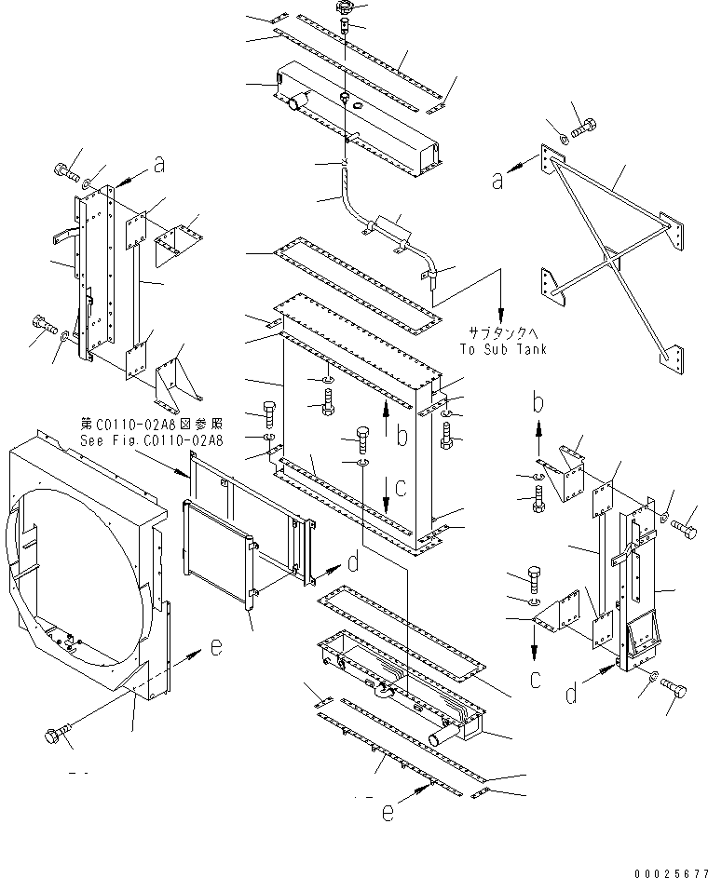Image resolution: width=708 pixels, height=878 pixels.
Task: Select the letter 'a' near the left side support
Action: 159,165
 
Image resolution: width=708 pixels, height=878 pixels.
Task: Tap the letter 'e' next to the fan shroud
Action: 214,648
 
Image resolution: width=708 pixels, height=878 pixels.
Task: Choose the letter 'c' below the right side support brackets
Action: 535,679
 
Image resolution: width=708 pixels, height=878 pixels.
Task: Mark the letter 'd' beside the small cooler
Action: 352,563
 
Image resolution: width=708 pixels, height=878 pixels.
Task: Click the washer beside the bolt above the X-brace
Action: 563,139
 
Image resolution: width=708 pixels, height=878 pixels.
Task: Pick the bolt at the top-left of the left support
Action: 66,171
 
